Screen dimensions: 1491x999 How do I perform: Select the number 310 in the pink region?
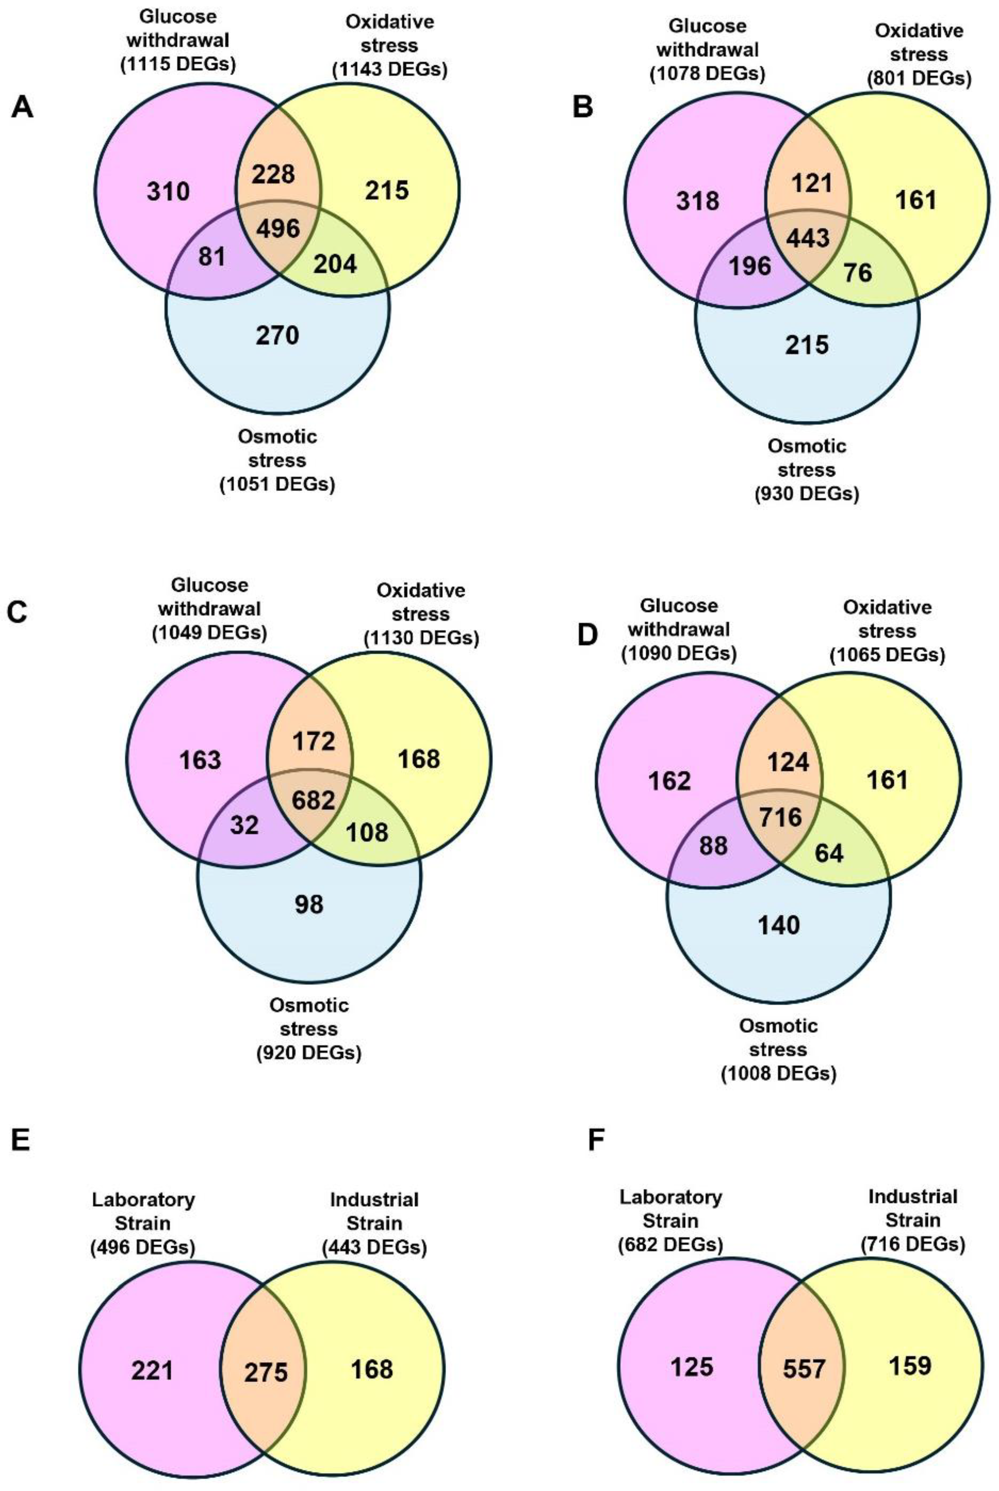pos(168,191)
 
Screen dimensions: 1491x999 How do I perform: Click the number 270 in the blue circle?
pos(277,335)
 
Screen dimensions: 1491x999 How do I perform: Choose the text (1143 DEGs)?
pos(389,69)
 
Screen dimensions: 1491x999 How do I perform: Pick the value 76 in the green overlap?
pos(858,273)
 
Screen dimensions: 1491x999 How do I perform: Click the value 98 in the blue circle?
pos(309,904)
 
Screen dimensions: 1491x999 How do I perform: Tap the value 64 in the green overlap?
pos(829,853)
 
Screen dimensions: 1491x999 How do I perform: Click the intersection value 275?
pos(266,1372)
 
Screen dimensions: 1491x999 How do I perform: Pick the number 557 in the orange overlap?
pos(804,1368)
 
